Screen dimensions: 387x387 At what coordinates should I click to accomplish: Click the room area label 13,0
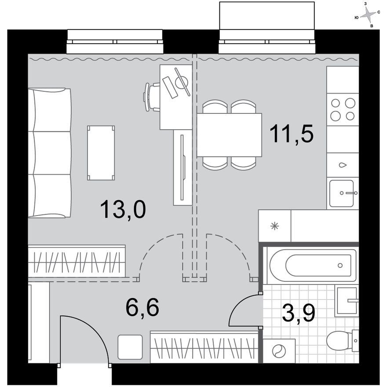pos(123,209)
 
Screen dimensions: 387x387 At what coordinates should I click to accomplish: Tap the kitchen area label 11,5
pos(292,134)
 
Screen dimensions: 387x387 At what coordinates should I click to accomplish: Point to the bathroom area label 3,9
pos(299,313)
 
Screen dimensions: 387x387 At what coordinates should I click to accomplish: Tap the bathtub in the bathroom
pos(313,265)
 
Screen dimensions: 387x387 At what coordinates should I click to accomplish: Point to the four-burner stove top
pos(343,110)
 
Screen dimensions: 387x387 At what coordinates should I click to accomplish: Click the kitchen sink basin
pos(342,193)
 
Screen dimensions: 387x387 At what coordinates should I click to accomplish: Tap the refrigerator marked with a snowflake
pos(275,226)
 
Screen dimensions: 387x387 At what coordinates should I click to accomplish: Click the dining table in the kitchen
pos(229,135)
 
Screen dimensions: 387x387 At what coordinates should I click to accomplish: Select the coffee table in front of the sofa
pos(101,153)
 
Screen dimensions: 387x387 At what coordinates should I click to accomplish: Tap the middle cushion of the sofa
pos(50,153)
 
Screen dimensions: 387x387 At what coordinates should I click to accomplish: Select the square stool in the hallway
pos(130,347)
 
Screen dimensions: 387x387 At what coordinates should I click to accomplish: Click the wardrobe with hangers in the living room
pos(77,261)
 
